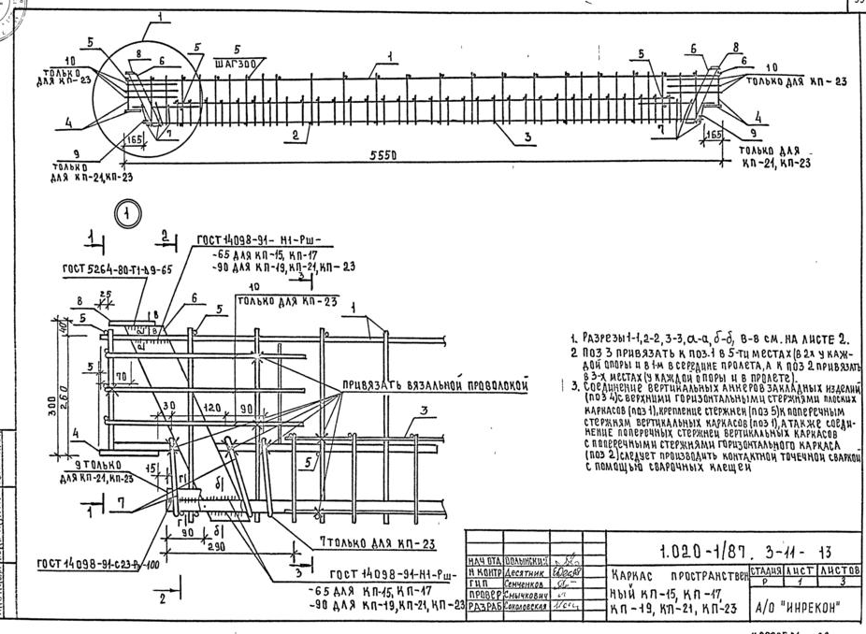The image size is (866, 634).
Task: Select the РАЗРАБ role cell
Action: [x=484, y=605]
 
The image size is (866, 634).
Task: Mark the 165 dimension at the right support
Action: [x=714, y=136]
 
